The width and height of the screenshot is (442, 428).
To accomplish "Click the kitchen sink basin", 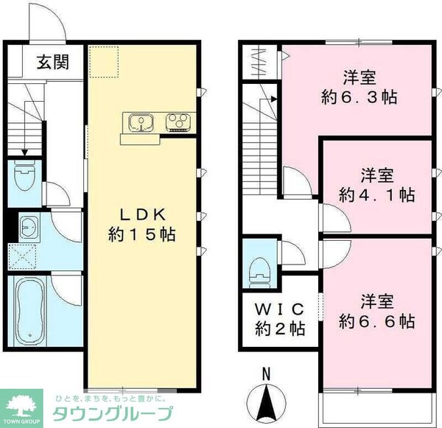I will click(x=138, y=121).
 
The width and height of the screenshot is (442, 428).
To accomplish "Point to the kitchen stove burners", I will click(x=178, y=121).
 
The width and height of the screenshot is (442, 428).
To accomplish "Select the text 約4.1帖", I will click(x=376, y=195).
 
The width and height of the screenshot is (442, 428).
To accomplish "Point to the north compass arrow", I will click(x=265, y=402).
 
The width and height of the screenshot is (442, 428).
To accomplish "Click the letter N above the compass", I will click(x=265, y=373).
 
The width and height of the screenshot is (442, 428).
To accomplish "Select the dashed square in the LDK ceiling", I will click(x=104, y=61).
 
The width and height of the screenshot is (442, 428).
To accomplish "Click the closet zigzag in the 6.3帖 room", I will click(x=259, y=62).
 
